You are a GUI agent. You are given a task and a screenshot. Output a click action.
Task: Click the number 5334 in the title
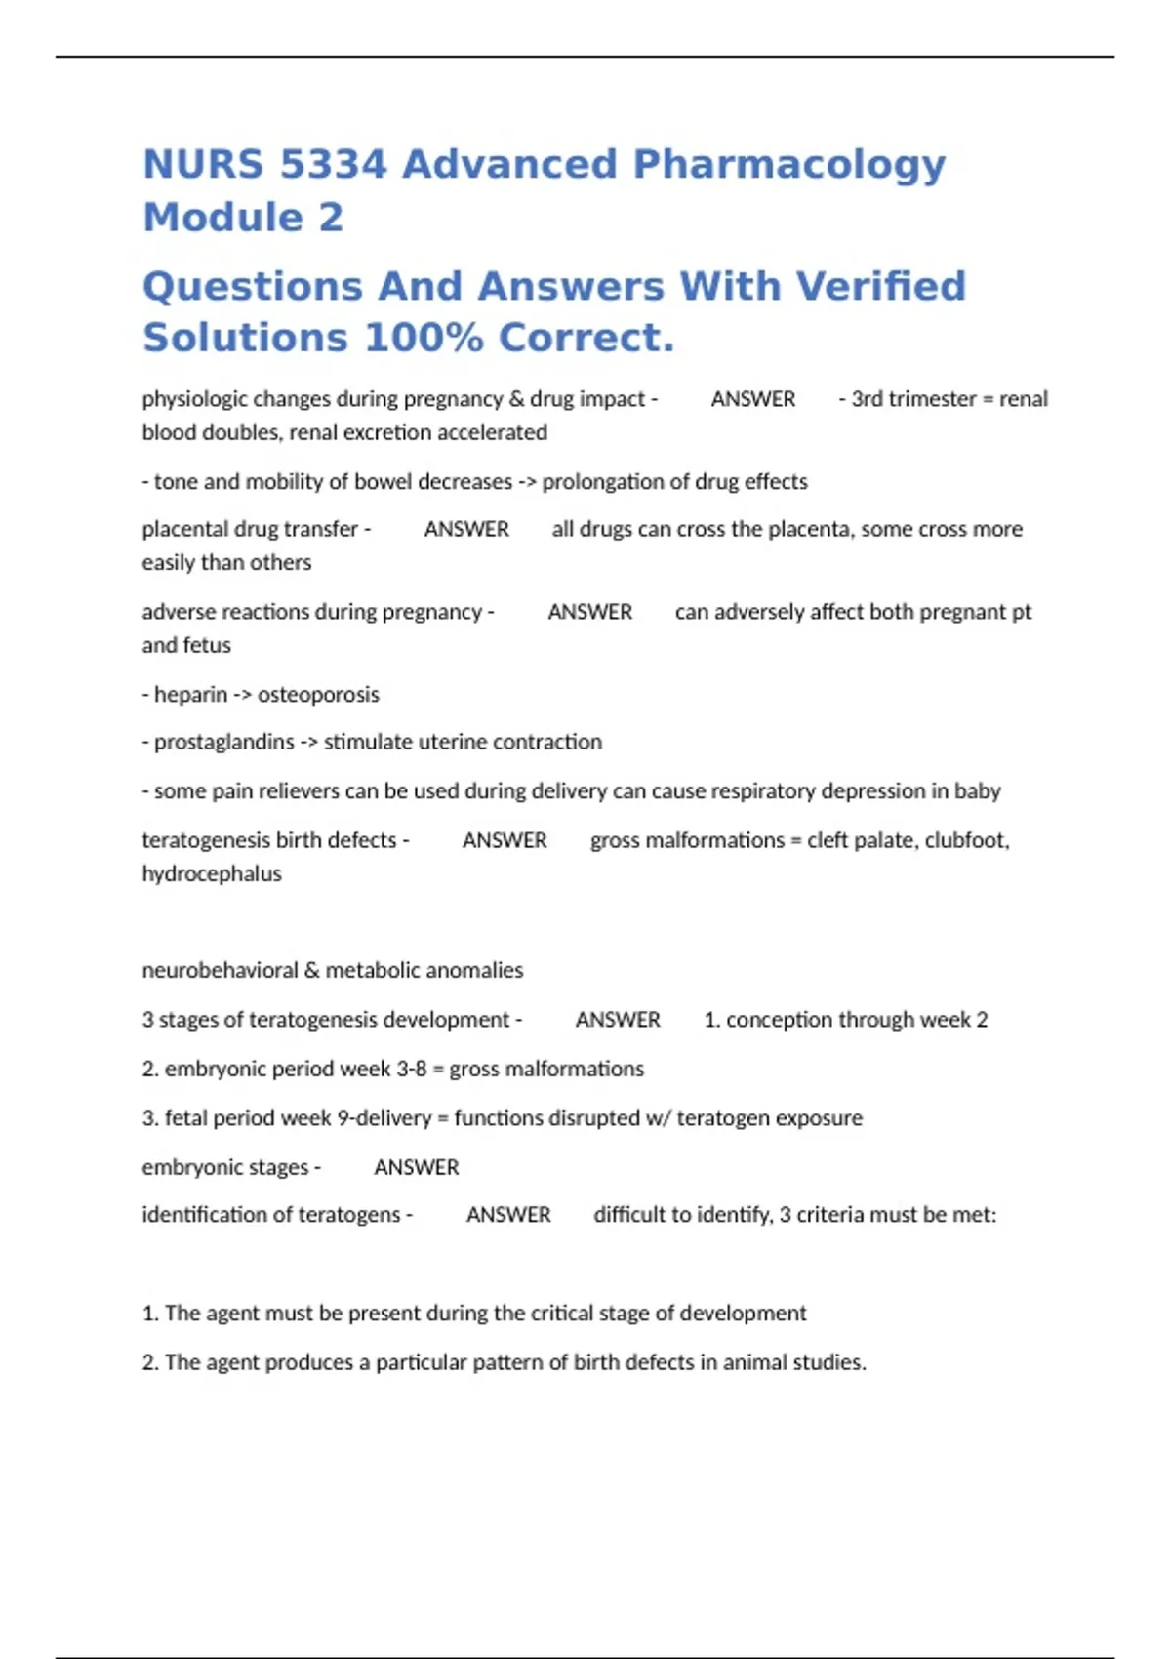pos(333,164)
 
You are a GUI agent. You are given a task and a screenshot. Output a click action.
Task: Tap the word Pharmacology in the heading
pos(788,166)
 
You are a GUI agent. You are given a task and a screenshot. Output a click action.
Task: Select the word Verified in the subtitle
pos(880,287)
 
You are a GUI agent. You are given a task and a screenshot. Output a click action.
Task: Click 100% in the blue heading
pos(424,339)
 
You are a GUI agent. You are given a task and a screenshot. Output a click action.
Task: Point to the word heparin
pos(190,694)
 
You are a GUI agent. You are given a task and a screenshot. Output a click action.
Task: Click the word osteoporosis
pos(318,694)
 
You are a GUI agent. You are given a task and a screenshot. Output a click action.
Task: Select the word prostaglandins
pos(224,742)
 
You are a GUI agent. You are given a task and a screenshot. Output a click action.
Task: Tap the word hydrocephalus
pos(212,873)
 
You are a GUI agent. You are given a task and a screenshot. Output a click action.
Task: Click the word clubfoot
pos(966,840)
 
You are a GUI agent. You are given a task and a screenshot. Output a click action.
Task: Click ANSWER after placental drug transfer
pos(466,529)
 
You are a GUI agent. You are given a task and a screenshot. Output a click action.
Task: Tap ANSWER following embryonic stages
pos(417,1167)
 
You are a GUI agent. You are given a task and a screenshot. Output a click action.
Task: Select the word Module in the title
pos(223,217)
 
